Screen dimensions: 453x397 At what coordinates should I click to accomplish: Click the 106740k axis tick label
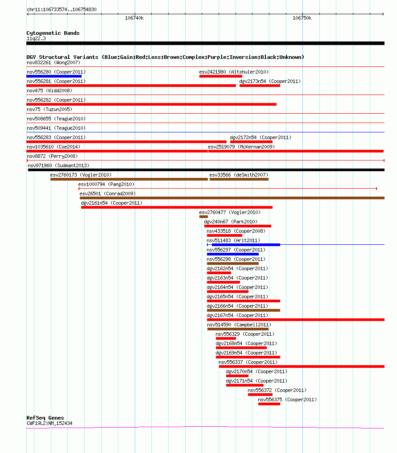[x=134, y=18]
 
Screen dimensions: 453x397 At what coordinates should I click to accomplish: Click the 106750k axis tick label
[x=302, y=18]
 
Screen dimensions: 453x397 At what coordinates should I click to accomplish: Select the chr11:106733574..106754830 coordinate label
[x=62, y=9]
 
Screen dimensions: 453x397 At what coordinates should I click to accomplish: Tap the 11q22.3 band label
[x=36, y=38]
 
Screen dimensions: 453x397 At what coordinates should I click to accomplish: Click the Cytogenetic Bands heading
[x=53, y=33]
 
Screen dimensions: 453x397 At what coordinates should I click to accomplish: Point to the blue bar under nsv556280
[x=54, y=76]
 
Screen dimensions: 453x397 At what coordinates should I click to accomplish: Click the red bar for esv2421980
[x=220, y=76]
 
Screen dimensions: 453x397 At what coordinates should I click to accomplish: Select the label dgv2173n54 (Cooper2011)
[x=270, y=81]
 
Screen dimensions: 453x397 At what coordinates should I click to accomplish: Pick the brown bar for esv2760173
[x=129, y=179]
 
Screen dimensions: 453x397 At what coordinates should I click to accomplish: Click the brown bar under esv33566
[x=239, y=179]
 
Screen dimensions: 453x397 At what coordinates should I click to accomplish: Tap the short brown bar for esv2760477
[x=203, y=217]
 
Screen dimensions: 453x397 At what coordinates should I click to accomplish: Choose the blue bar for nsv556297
[x=232, y=254]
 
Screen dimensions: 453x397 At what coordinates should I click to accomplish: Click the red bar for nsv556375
[x=269, y=404]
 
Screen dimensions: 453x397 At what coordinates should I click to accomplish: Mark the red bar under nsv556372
[x=260, y=395]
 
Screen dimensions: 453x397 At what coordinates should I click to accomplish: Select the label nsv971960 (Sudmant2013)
[x=58, y=165]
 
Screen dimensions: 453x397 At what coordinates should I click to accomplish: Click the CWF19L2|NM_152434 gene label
[x=50, y=423]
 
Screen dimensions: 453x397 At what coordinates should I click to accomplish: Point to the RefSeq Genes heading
[x=45, y=418]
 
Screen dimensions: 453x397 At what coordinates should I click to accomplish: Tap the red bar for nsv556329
[x=226, y=338]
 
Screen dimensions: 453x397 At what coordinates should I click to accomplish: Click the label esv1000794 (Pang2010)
[x=106, y=184]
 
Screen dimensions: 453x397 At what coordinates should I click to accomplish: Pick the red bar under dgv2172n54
[x=251, y=142]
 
